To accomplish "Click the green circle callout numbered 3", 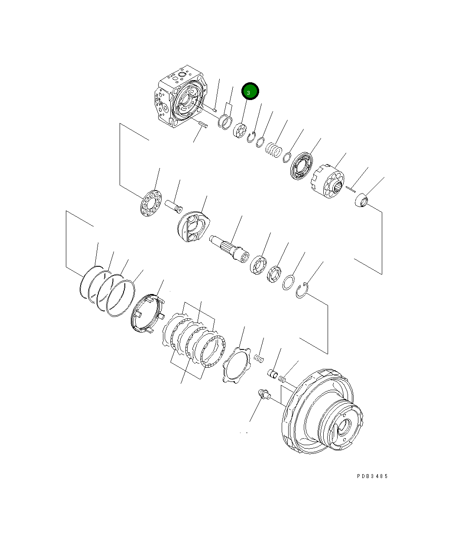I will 250,91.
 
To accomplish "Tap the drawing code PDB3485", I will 372,476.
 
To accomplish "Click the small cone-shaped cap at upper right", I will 361,202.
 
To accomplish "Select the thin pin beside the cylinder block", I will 351,187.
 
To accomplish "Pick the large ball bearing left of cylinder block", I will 300,165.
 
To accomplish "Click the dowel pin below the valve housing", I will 203,125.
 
